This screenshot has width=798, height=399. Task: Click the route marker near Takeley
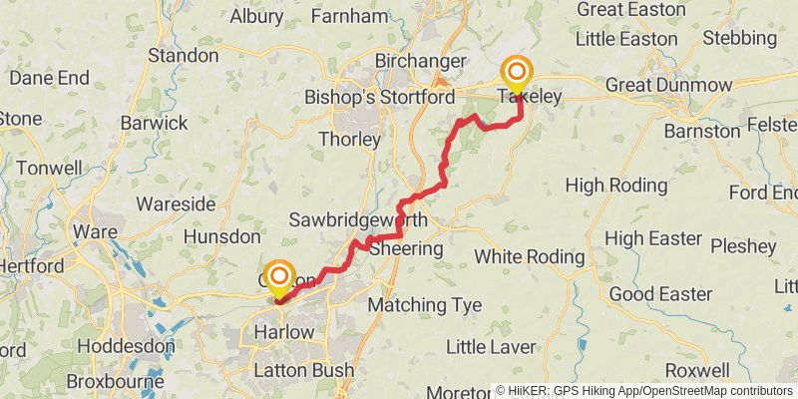518,73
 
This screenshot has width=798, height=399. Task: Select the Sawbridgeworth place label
359,219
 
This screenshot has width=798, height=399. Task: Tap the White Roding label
529,256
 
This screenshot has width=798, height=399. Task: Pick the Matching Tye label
425,304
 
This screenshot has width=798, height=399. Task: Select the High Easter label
653,238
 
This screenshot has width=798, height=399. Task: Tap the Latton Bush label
303,371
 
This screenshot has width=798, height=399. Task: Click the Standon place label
184,56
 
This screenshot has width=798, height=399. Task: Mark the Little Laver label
491,347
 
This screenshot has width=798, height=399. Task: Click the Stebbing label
739,39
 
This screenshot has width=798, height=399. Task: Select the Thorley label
349,140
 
